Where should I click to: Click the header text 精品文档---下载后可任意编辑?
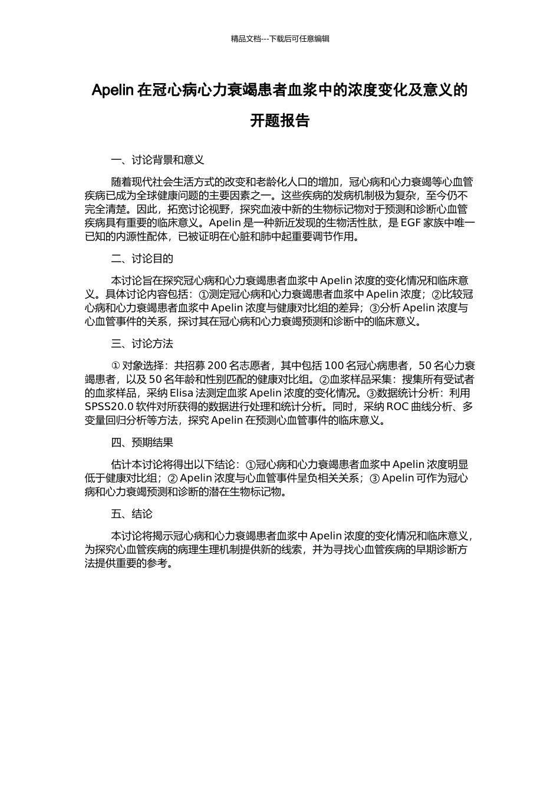[280, 39]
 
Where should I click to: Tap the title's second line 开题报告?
[280, 121]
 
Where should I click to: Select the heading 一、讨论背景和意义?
[157, 160]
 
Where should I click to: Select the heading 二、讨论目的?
[142, 259]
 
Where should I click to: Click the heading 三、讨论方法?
[142, 344]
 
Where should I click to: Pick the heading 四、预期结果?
[142, 443]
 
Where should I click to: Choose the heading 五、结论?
[131, 514]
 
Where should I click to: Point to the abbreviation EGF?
[411, 223]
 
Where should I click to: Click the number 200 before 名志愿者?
[217, 366]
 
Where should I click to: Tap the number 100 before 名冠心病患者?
[334, 366]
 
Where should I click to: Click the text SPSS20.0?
[109, 407]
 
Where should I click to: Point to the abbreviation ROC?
[398, 407]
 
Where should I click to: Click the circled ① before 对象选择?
[116, 366]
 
